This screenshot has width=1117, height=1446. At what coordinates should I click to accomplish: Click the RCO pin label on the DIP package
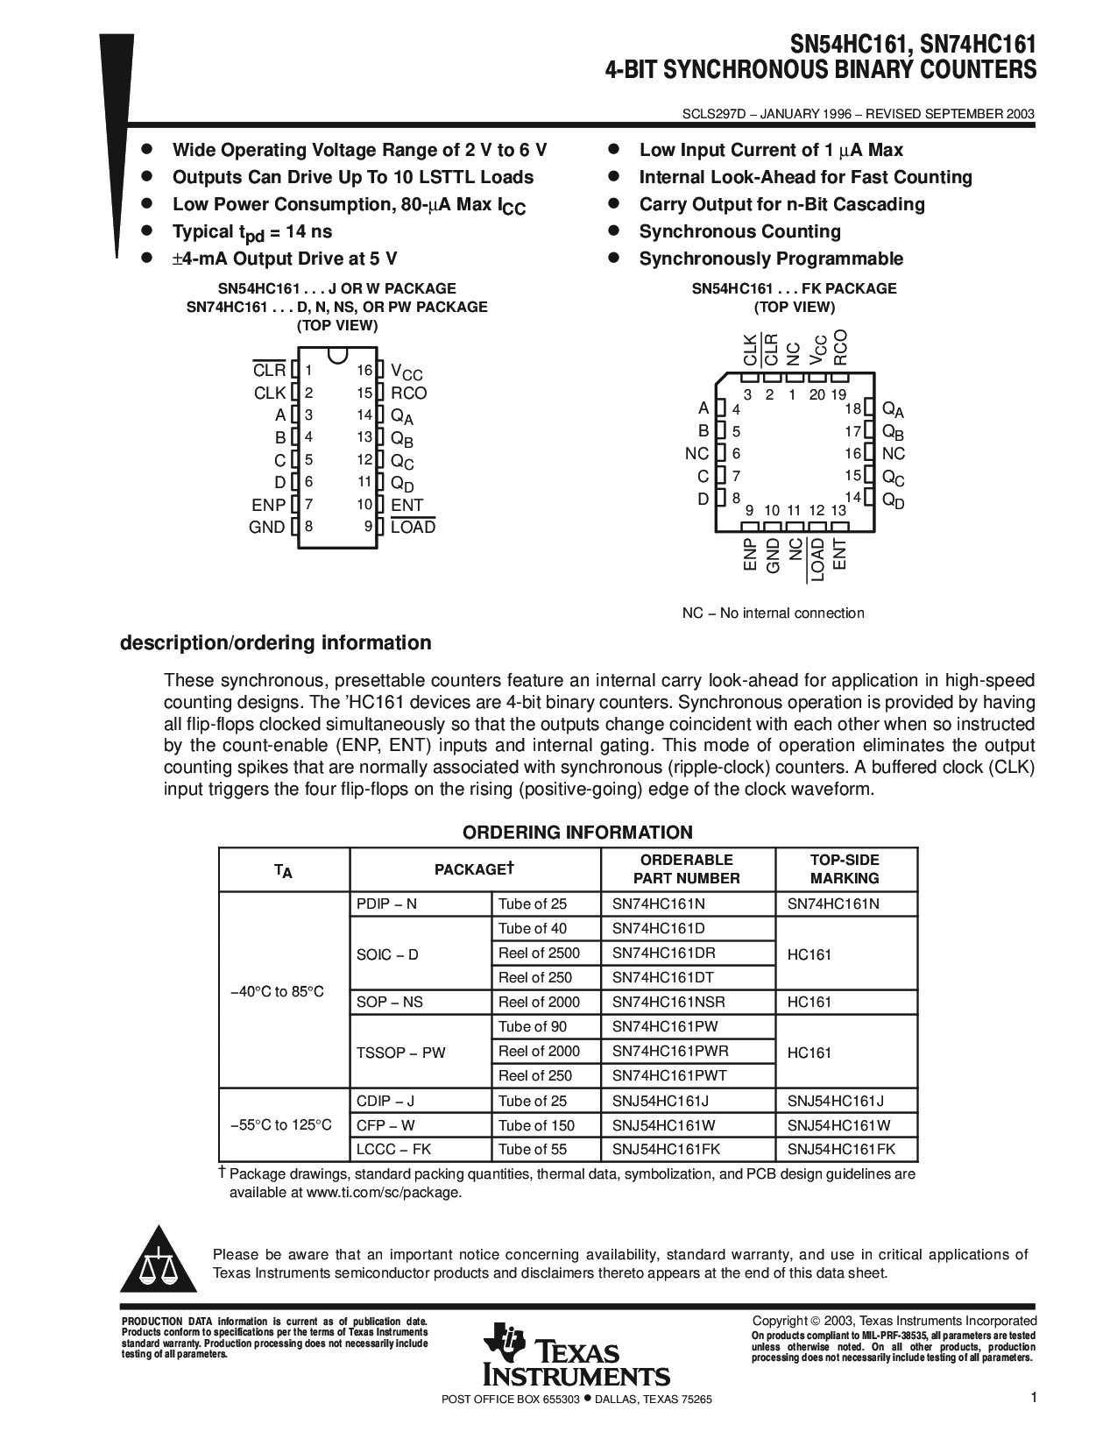(x=409, y=393)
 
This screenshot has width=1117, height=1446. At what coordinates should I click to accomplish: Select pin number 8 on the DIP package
(x=308, y=527)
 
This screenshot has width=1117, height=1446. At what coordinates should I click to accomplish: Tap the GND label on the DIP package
(x=267, y=527)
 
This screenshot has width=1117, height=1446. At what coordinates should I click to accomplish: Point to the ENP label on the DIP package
(x=269, y=505)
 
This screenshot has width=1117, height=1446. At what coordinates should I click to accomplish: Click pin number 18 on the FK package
(x=852, y=409)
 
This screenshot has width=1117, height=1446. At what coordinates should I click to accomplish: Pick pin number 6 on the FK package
(x=737, y=454)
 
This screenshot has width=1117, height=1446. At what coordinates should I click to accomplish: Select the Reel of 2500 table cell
(x=539, y=953)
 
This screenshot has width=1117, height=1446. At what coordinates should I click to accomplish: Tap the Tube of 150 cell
(x=536, y=1125)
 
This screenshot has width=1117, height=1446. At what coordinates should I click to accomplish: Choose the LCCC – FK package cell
(x=394, y=1149)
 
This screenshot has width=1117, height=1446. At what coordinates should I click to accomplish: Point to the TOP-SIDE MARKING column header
(x=845, y=869)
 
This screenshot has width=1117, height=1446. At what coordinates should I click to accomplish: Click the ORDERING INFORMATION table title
(x=577, y=833)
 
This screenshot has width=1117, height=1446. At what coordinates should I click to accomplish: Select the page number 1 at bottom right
(x=1034, y=1399)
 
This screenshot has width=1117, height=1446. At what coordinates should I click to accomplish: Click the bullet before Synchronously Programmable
(x=615, y=259)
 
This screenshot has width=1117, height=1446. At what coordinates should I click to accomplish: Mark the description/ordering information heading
(x=275, y=643)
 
